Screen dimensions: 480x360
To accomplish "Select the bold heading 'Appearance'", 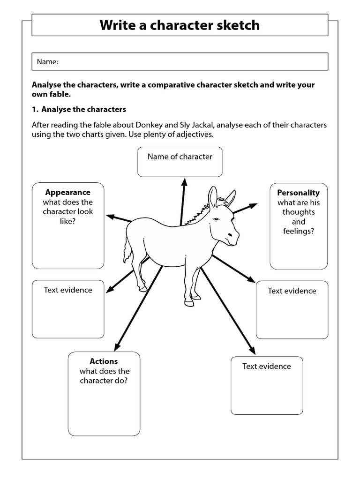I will tap(68, 192).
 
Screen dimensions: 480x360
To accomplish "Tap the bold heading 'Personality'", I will tap(299, 193).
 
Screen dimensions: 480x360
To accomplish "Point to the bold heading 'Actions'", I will tap(104, 361).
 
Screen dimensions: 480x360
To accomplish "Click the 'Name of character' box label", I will tap(180, 157).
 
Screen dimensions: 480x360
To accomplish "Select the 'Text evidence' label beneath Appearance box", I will tap(68, 290).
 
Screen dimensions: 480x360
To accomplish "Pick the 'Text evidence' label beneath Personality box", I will tap(292, 291).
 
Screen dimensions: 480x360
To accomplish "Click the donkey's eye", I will tap(217, 219).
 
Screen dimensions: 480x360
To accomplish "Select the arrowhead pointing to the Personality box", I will tap(254, 205).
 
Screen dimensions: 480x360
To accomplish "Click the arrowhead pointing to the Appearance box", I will tap(110, 216).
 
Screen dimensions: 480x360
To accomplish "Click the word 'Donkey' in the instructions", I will tap(148, 125).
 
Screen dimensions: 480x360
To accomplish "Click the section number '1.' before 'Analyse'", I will tap(35, 109).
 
